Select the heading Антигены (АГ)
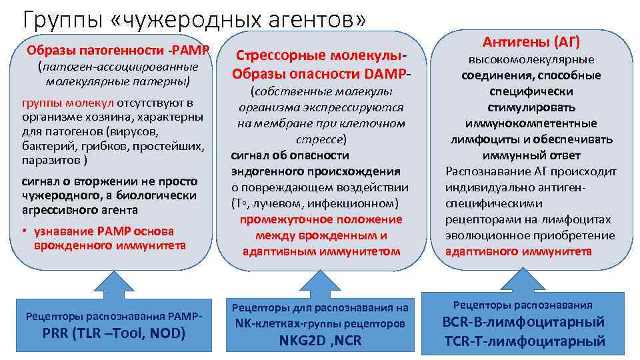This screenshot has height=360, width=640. (x=531, y=42)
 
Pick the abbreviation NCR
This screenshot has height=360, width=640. (x=349, y=341)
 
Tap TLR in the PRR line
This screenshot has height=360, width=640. (x=98, y=333)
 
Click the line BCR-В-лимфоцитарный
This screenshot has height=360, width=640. (x=523, y=323)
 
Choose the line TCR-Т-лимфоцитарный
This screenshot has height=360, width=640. (x=523, y=341)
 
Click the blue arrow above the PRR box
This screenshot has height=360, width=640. (x=111, y=277)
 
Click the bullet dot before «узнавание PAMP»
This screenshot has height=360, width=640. (x=25, y=231)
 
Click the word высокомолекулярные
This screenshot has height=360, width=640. (x=531, y=59)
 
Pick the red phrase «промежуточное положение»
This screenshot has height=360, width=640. (x=321, y=219)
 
